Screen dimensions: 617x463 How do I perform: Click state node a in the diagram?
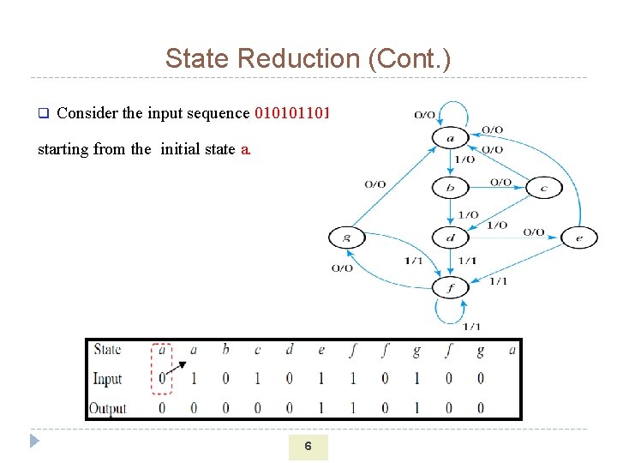coord(451,137)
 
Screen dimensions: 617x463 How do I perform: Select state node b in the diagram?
coord(451,187)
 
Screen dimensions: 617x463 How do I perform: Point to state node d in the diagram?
coord(451,237)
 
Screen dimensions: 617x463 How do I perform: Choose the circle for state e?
coord(579,237)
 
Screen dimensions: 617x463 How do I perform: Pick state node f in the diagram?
coord(451,287)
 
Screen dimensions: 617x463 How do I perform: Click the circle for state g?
coord(346,237)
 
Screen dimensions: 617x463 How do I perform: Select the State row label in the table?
coord(107,350)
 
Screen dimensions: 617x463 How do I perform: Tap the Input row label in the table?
coord(107,379)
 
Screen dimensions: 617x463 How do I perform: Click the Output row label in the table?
coord(108,408)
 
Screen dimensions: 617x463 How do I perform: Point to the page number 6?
coord(308,446)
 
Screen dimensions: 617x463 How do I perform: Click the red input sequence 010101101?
coord(293,113)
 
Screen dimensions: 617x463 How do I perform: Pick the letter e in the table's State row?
coord(321,350)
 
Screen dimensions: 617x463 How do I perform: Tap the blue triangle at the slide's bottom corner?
coord(34,442)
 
